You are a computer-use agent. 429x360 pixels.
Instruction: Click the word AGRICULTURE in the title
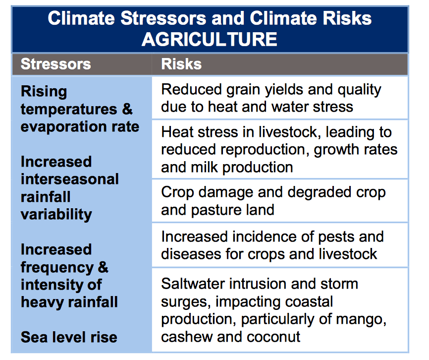[x=210, y=39]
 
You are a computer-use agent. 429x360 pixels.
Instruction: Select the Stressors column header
[x=56, y=64]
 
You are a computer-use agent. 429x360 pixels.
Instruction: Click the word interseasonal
[x=70, y=179]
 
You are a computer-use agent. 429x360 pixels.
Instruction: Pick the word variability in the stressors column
[x=56, y=214]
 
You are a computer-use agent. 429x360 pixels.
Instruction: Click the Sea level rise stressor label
[x=69, y=337]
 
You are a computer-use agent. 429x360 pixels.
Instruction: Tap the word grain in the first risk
[x=244, y=90]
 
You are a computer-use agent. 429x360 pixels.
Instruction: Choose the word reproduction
[x=261, y=150]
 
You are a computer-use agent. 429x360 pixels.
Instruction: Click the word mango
[x=362, y=319]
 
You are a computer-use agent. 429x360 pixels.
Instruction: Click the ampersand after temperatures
[x=127, y=109]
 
